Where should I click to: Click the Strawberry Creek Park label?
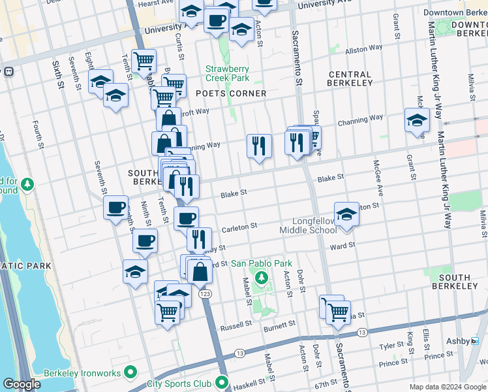[227, 73]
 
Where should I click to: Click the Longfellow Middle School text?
[308, 225]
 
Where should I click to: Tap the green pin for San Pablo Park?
[262, 279]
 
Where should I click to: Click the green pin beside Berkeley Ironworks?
[130, 372]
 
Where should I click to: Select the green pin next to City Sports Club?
[222, 383]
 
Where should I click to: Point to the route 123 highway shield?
[205, 295]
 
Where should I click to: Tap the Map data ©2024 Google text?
[447, 387]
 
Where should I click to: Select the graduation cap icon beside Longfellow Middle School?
[346, 214]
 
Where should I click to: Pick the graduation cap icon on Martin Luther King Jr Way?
[417, 121]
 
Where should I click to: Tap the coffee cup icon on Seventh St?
[115, 208]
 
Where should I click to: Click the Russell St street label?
[236, 326]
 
